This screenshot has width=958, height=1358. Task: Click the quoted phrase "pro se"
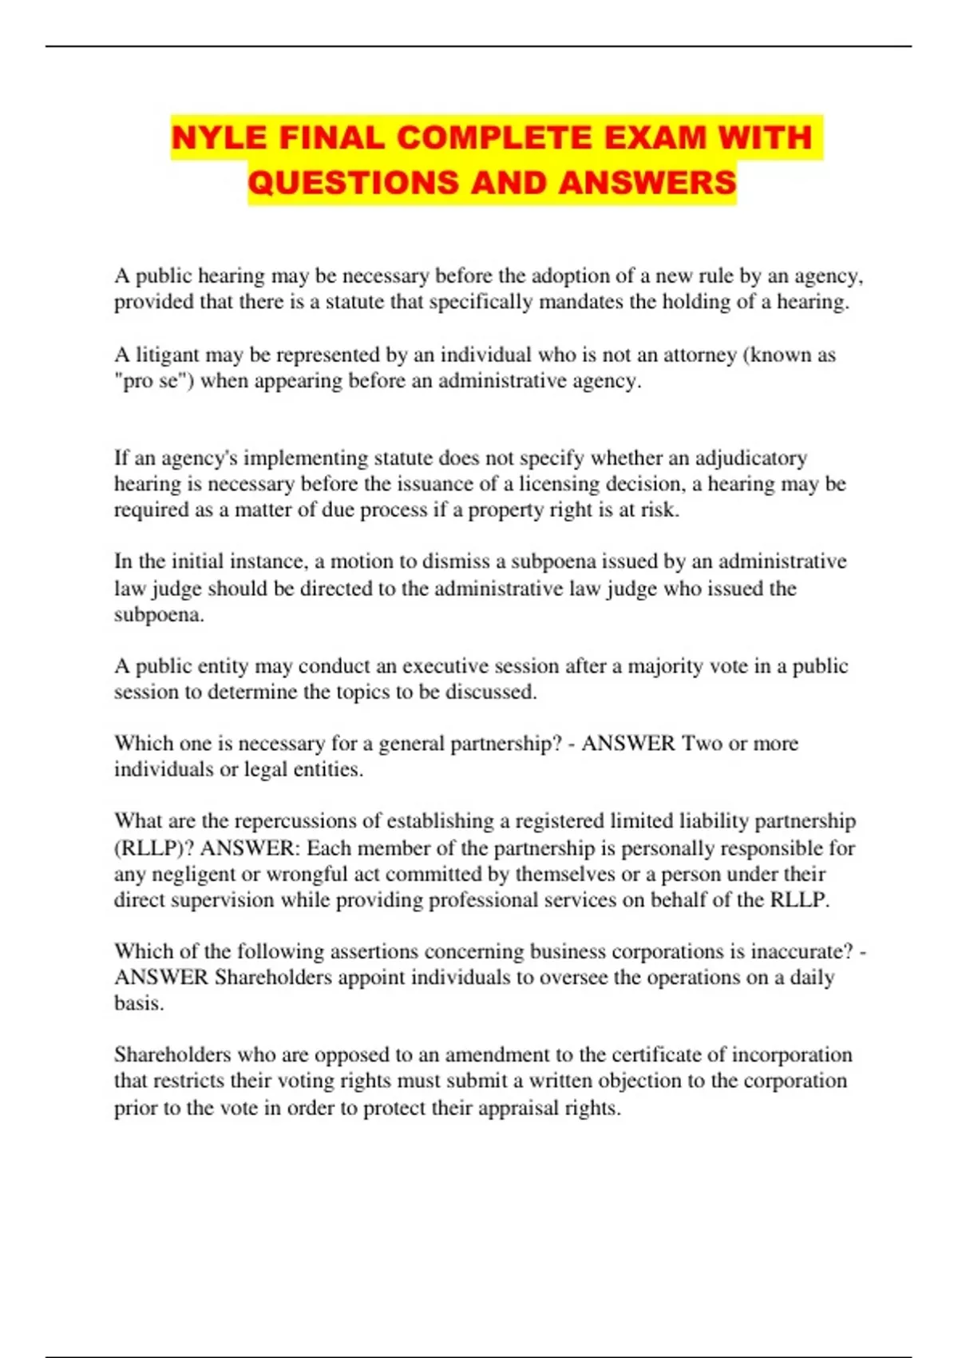154,381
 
